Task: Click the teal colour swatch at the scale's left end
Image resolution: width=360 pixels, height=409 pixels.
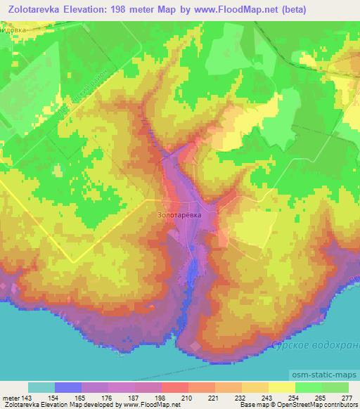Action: pyautogui.click(x=41, y=387)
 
